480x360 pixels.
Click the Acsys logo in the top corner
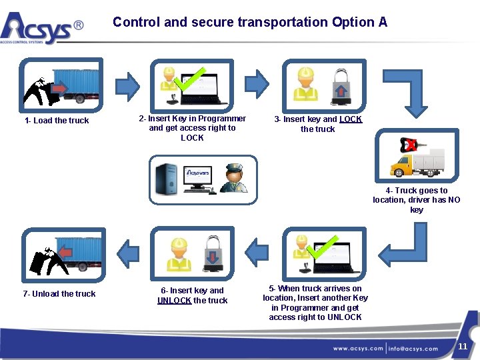pos(41,27)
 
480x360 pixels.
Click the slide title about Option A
pos(250,22)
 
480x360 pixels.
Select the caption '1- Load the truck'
pos(57,121)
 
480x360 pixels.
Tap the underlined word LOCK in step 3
pos(351,119)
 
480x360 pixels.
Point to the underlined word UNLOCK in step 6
pos(174,301)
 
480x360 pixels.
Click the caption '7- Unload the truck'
pos(59,294)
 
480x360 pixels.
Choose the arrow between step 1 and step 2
pos(127,85)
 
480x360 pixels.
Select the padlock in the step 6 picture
pos(212,253)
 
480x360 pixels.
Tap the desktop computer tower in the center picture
pos(165,179)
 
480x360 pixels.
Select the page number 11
pos(463,346)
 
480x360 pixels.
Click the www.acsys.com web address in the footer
pos(358,348)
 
